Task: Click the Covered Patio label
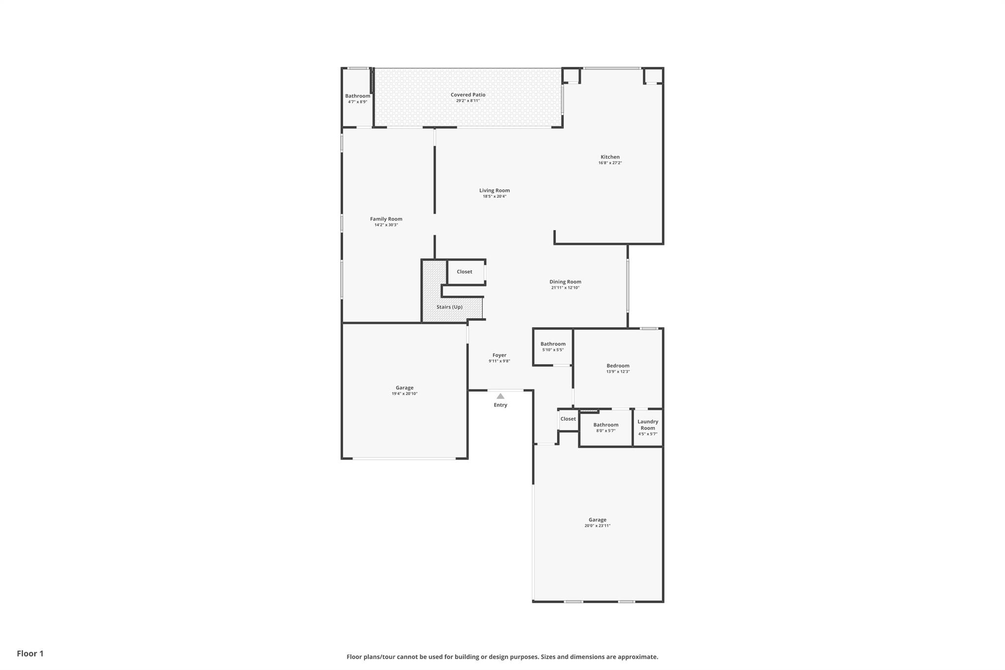click(x=468, y=95)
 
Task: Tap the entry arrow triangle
click(x=500, y=396)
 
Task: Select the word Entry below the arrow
click(x=500, y=405)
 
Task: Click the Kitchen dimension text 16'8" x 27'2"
click(x=609, y=163)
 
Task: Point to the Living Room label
click(x=494, y=190)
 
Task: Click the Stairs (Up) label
click(x=450, y=307)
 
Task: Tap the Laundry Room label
click(x=647, y=425)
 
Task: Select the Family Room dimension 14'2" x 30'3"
click(x=386, y=225)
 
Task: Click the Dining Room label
click(x=565, y=282)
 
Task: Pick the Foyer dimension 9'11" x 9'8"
click(x=499, y=361)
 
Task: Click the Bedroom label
click(x=617, y=366)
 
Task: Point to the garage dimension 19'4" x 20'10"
click(x=404, y=394)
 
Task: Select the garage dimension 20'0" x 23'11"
click(x=597, y=526)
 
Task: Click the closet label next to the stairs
click(x=464, y=272)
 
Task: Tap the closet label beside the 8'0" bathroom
click(x=568, y=419)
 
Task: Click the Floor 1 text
click(x=30, y=653)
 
